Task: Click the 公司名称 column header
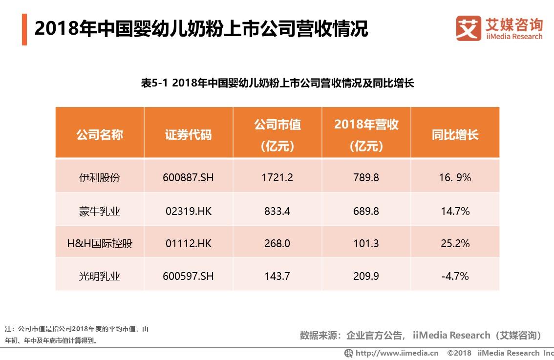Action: point(100,135)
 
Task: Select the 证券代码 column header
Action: point(188,135)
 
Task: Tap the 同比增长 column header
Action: point(455,135)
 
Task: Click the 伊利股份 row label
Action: point(100,177)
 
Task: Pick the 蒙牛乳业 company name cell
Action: point(100,212)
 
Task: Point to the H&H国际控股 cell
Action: point(100,243)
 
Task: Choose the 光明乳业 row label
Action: point(100,276)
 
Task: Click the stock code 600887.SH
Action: point(188,177)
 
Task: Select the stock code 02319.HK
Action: point(188,212)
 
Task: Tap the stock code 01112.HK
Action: point(188,243)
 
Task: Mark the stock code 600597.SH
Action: point(188,276)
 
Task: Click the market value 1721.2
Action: point(277,177)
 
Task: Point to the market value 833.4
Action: point(277,212)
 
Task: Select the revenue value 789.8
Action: point(366,177)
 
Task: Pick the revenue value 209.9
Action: point(366,276)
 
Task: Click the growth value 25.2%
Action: point(455,243)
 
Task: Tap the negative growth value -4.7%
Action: point(455,276)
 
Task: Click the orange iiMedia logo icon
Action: point(468,29)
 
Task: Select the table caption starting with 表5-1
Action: point(277,83)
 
